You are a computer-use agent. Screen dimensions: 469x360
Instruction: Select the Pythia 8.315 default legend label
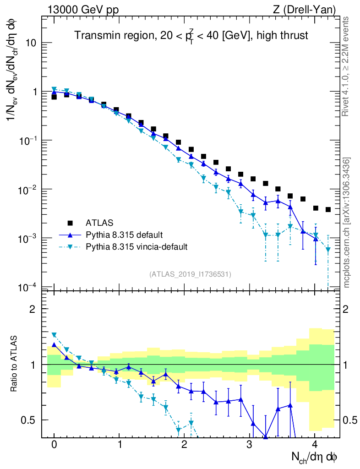[x=124, y=235]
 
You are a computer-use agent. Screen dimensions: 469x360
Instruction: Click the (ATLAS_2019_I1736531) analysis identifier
[x=190, y=274]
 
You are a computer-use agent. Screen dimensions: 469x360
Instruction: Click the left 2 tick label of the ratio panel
[x=33, y=309]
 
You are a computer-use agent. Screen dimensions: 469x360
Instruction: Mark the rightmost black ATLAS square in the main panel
[x=328, y=210]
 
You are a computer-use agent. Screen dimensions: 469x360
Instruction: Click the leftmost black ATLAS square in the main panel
[x=54, y=97]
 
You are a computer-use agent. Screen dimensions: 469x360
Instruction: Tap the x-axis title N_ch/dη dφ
[x=316, y=457]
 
